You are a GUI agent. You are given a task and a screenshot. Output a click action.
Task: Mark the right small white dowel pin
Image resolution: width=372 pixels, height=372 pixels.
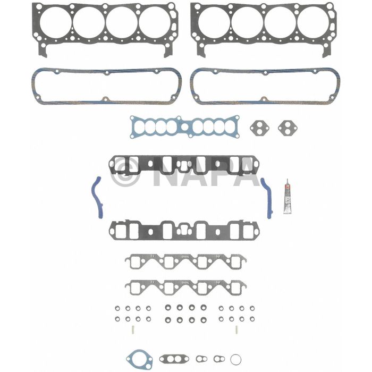[x=235, y=330]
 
